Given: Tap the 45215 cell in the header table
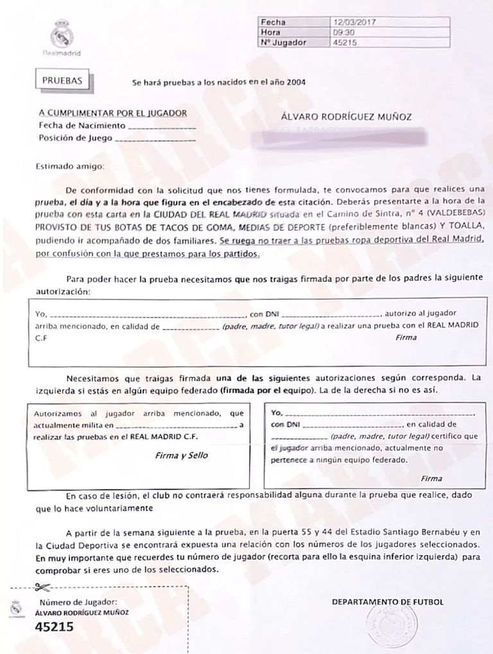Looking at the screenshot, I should (x=345, y=43).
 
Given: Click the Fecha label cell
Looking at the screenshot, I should (x=270, y=22).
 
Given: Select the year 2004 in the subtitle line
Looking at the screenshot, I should (x=295, y=83).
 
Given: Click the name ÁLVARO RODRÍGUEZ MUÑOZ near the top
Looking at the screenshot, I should (x=347, y=117).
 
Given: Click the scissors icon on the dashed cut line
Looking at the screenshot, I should (x=43, y=587).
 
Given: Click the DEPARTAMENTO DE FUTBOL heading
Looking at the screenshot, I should (x=387, y=603).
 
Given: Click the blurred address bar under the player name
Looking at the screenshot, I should (x=347, y=137).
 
